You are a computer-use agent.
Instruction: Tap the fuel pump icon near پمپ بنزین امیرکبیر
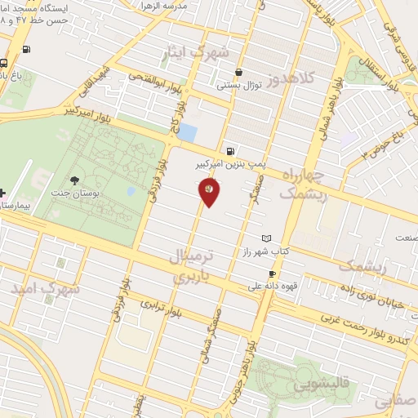pos(233,151)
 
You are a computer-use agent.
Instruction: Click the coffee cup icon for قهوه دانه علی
pos(272,274)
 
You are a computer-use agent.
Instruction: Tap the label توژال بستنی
pos(238,84)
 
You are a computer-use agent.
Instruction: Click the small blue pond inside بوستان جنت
pos(131,190)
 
